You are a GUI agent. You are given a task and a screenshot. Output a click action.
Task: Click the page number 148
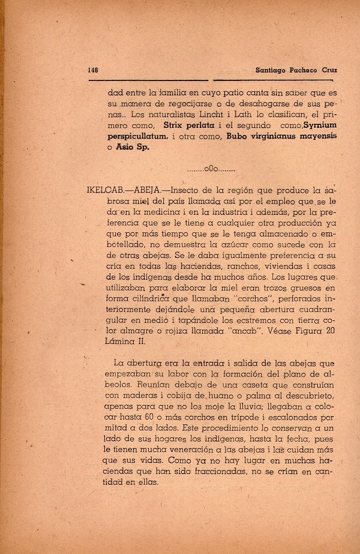point(92,70)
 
